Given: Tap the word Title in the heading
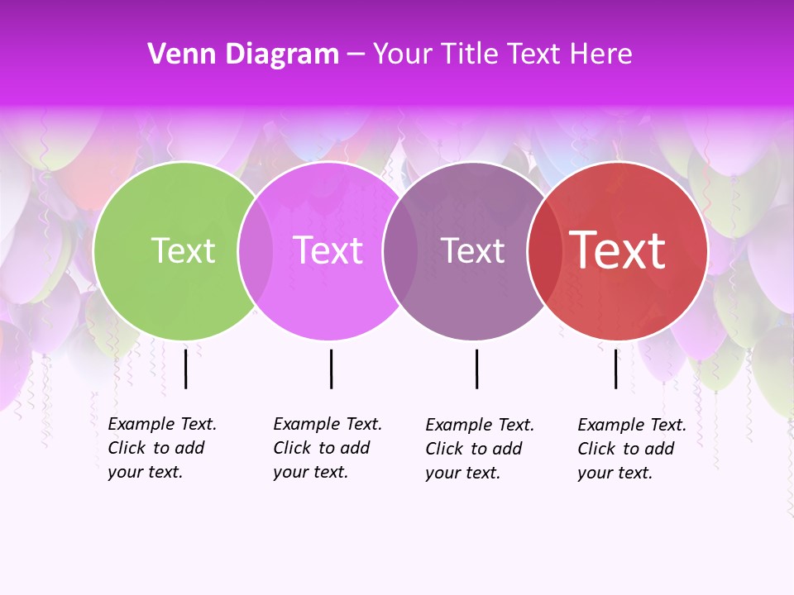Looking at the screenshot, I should [471, 55].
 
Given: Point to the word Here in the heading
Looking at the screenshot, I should [602, 55].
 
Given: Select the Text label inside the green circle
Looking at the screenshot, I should [183, 250].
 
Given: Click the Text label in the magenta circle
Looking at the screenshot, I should [328, 250].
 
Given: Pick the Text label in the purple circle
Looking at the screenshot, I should [472, 250].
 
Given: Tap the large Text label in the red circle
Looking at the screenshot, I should [617, 250].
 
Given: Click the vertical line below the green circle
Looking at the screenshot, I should [186, 369].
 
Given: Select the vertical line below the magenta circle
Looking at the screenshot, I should [331, 369].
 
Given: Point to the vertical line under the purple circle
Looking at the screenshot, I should [476, 369].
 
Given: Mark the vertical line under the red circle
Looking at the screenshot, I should [615, 369].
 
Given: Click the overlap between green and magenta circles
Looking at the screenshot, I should [255, 250].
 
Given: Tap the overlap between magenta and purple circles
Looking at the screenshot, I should [400, 250].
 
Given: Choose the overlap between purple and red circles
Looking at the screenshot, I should [544, 250].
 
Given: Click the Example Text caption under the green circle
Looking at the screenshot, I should [161, 448].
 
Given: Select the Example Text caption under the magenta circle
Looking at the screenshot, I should [327, 448].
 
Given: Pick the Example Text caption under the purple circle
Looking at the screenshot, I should [479, 449].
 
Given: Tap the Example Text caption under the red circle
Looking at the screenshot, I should [631, 449].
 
